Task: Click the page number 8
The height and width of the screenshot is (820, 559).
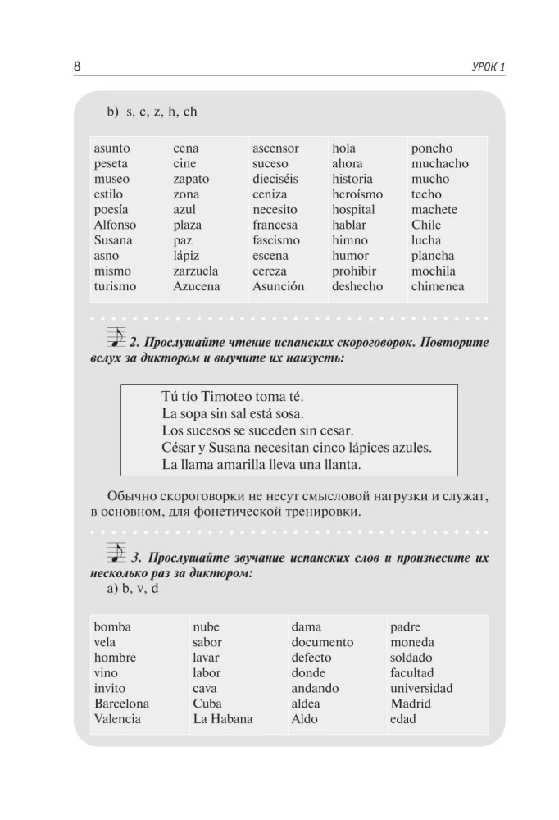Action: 77,66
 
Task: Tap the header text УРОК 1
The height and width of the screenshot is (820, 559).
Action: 484,66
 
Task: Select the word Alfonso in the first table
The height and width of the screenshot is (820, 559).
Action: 115,225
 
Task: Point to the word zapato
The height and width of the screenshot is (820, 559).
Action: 191,179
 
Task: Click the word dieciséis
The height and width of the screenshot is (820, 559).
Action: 275,179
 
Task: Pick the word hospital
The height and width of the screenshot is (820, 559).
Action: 353,209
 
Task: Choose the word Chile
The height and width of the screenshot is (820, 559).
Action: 425,225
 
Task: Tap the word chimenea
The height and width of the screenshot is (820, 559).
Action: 438,286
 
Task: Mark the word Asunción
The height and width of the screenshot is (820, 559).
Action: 278,286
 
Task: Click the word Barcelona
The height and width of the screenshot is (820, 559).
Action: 121,704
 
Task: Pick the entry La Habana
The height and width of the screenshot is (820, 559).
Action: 222,719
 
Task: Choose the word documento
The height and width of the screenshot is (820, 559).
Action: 322,642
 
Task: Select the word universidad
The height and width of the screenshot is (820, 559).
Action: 420,688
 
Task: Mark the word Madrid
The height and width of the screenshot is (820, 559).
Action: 410,704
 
